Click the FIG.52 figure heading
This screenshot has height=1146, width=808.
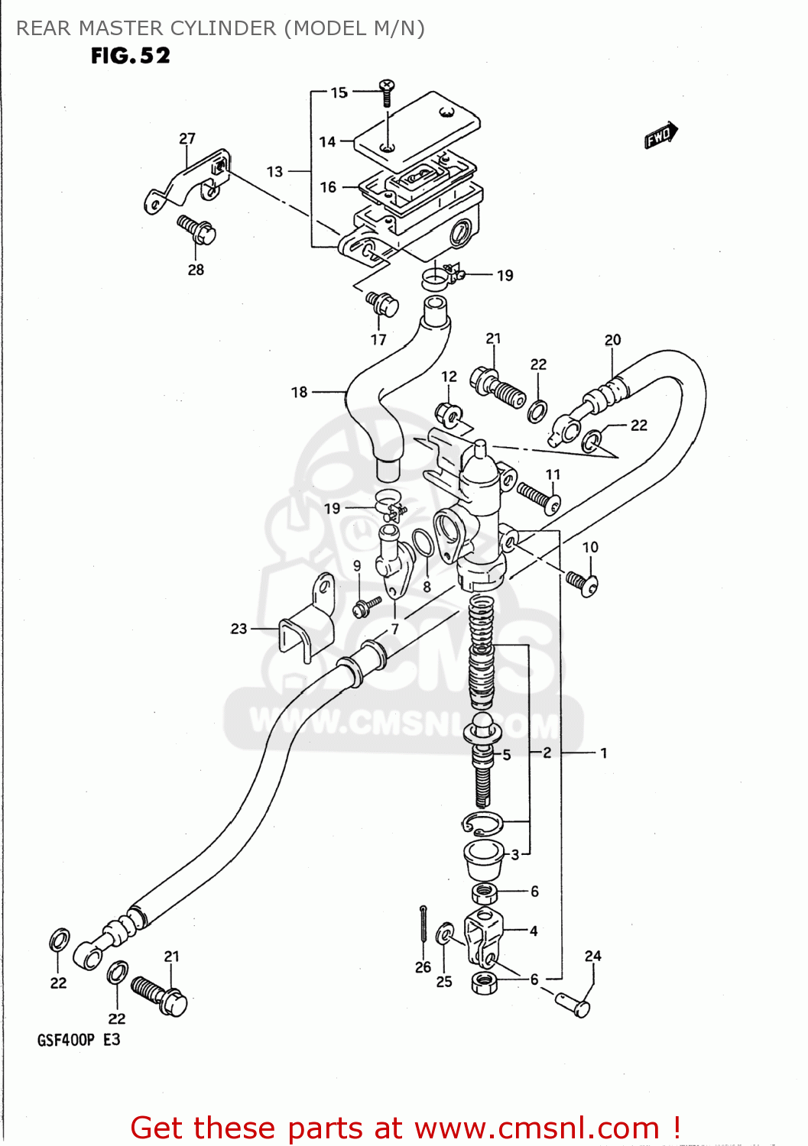point(130,56)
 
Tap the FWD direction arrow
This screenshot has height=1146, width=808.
point(660,135)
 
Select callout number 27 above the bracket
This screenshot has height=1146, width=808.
point(187,138)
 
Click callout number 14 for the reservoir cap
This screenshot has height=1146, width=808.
point(327,141)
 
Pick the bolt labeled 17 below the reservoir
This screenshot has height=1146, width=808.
point(382,303)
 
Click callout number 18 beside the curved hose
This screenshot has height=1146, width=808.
point(299,392)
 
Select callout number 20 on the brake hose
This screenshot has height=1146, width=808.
point(612,340)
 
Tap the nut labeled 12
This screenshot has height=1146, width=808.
point(449,414)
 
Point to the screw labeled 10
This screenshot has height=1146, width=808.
point(582,584)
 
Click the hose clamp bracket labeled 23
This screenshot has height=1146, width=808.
point(306,626)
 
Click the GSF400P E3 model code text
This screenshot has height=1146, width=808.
point(79,1040)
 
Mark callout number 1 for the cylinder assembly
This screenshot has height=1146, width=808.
point(603,753)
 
